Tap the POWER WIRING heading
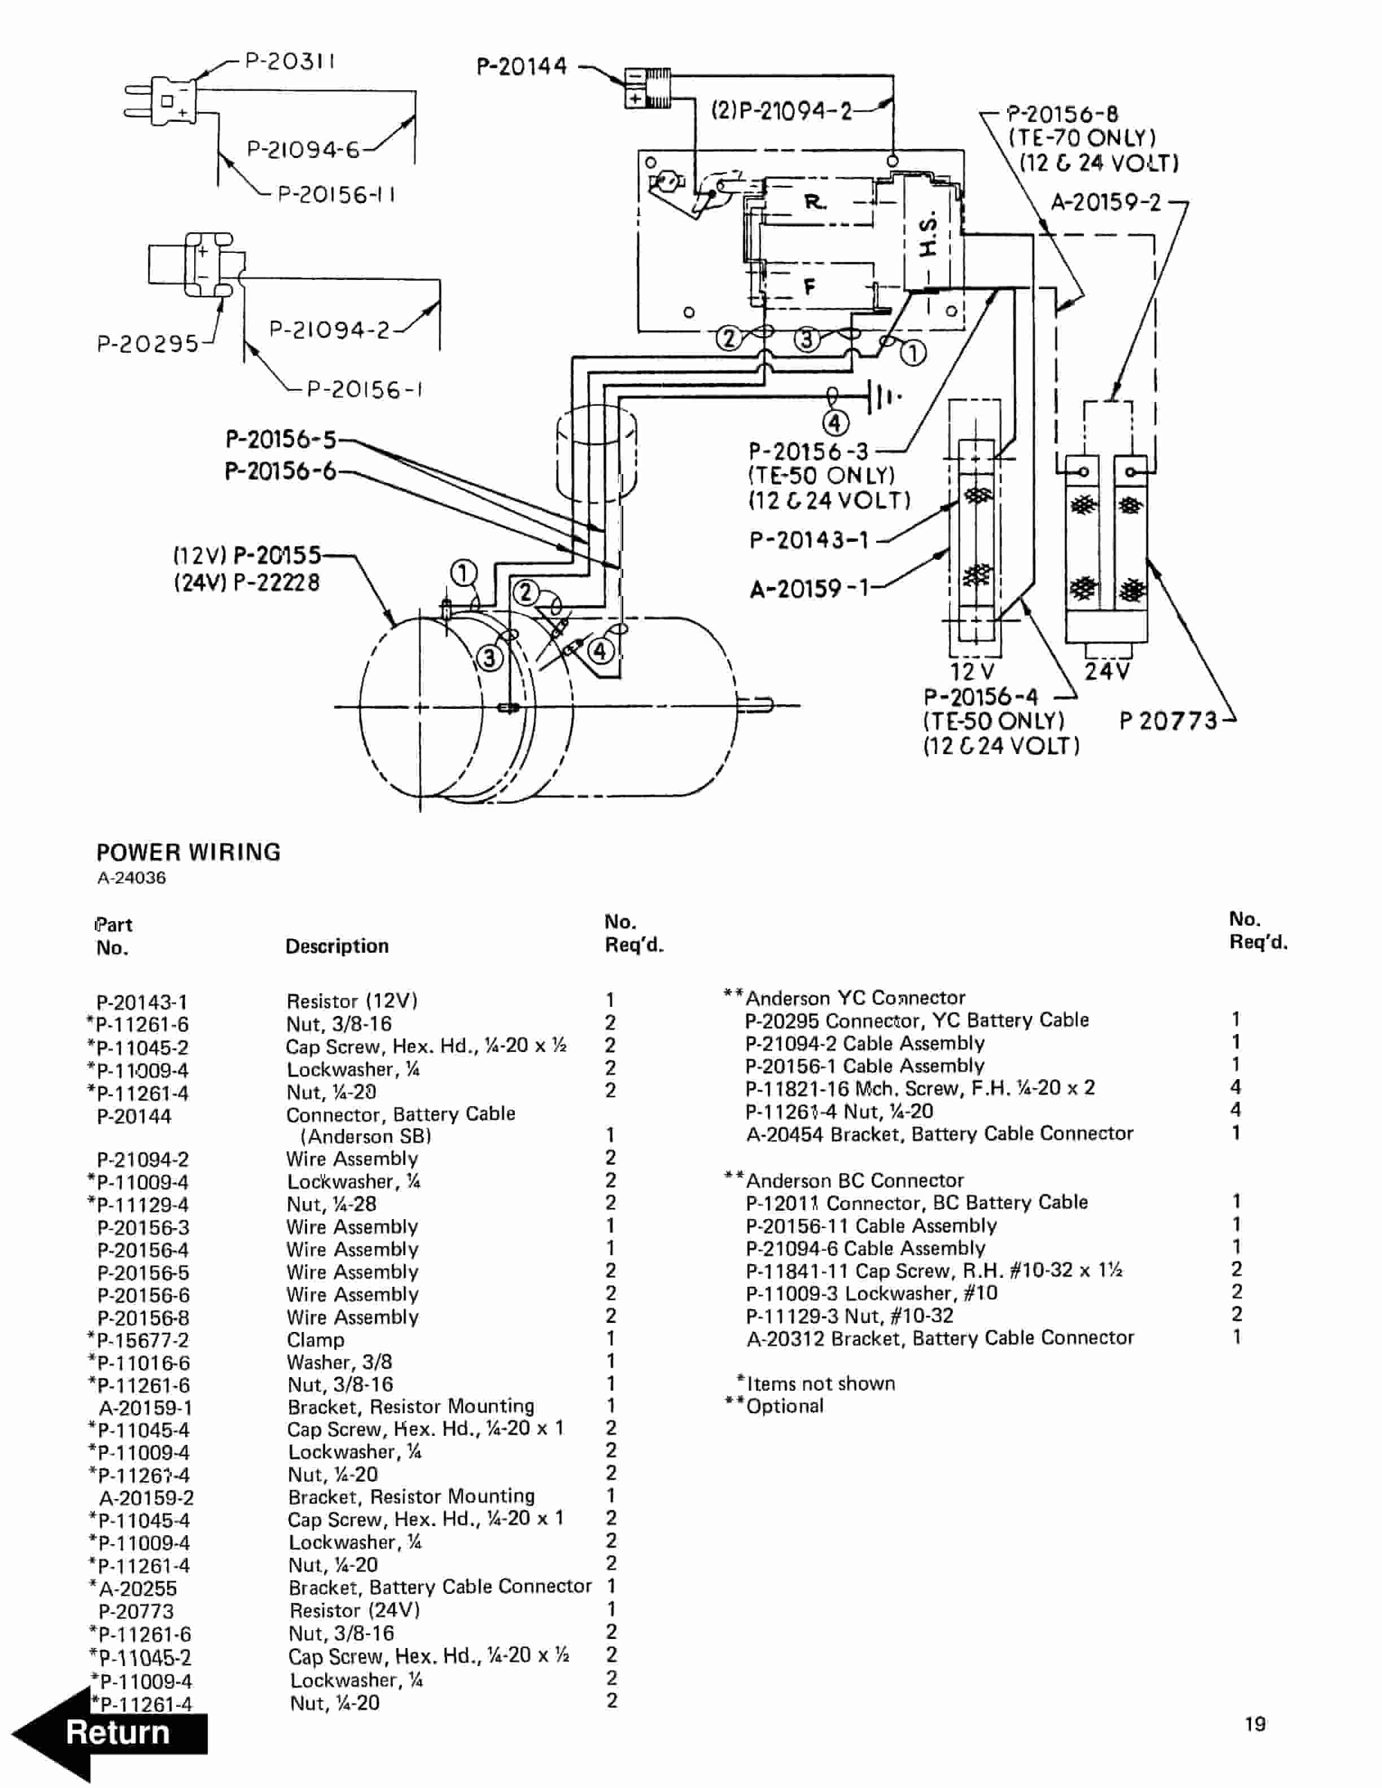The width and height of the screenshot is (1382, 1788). pos(189,852)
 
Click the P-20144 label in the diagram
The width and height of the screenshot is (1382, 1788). pos(522,66)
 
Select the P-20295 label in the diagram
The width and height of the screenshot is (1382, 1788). pos(147,343)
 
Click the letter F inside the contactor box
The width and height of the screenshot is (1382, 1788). pos(810,287)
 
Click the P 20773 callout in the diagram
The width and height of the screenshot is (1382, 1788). pos(1168,721)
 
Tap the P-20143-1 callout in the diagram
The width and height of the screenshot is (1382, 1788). pos(809,540)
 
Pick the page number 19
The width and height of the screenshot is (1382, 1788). pos(1254,1725)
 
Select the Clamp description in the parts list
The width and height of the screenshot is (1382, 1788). pos(315,1340)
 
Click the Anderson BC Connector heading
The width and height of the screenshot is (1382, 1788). pos(854,1181)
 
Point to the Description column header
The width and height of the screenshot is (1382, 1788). pos(336,946)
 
